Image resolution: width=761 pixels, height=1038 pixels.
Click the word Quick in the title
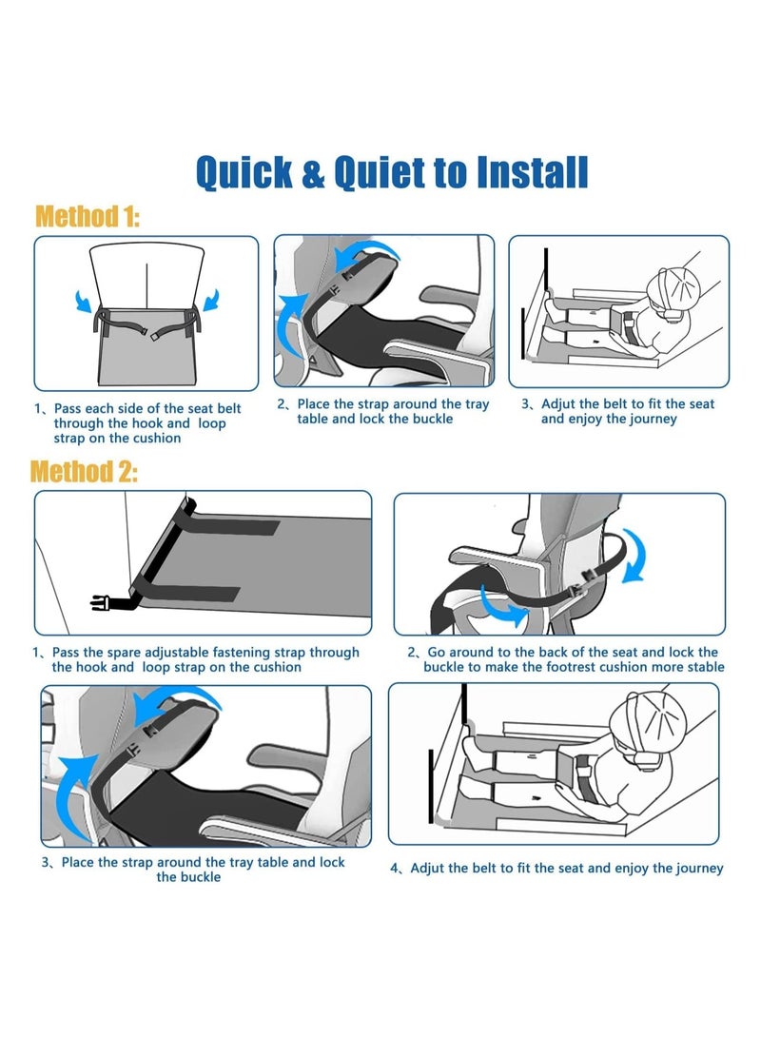244,173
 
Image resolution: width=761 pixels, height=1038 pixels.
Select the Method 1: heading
88,217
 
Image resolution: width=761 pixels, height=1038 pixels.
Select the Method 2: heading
84,471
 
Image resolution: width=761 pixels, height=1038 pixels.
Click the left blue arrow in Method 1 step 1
83,301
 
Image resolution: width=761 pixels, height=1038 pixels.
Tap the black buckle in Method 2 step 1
101,602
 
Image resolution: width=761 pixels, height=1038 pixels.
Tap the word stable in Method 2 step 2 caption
706,667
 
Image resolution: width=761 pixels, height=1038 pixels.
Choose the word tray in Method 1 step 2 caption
478,404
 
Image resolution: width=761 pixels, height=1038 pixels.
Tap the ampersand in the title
313,173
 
